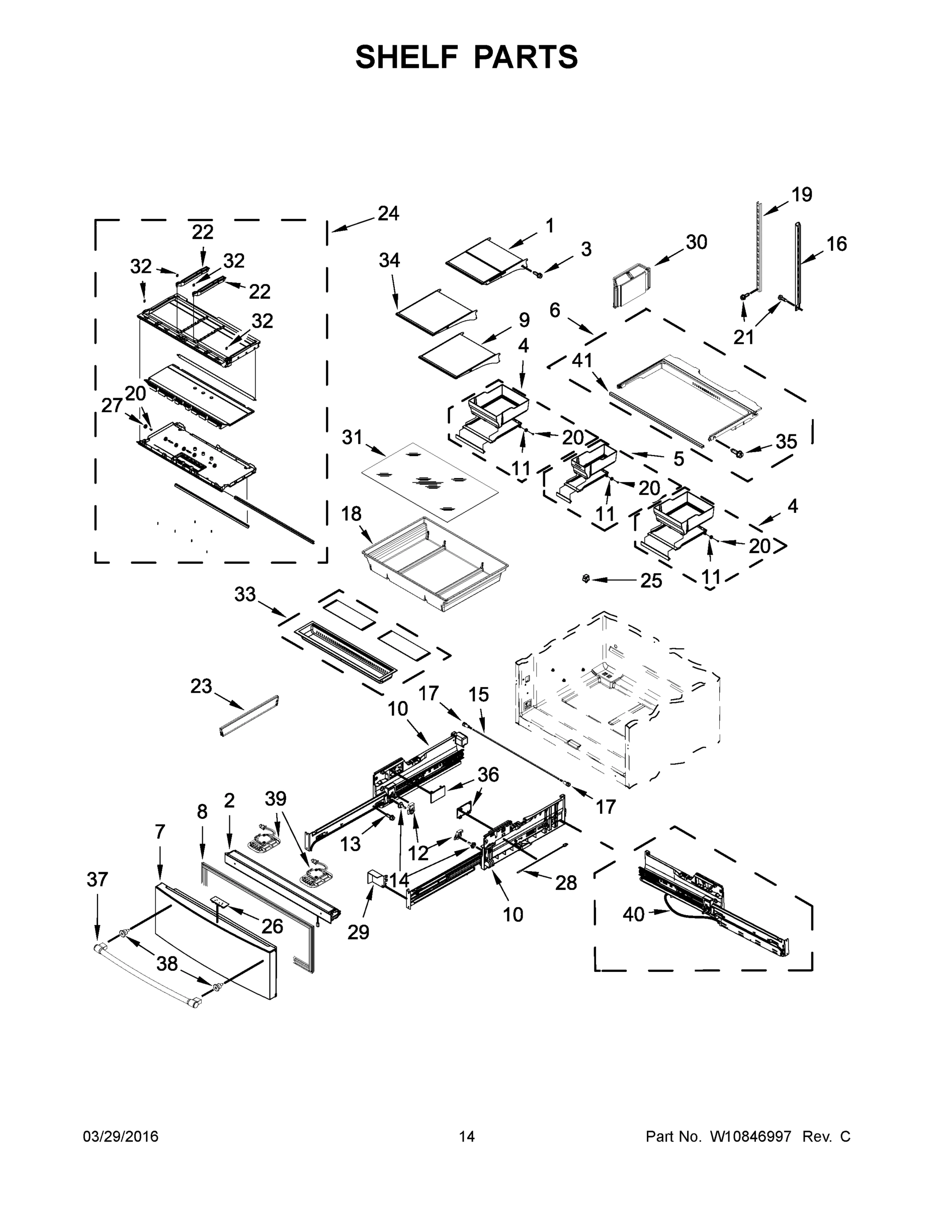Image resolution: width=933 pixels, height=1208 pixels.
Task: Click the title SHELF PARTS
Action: [x=467, y=57]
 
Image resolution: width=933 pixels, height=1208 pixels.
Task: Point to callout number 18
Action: [x=351, y=514]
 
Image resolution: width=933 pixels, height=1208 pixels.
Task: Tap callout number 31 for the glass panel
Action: [x=352, y=437]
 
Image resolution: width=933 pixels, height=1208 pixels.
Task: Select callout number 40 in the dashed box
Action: [x=633, y=914]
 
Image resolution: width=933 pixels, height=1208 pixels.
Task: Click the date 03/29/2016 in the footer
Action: [x=121, y=1137]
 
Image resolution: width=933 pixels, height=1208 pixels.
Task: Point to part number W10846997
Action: [x=750, y=1137]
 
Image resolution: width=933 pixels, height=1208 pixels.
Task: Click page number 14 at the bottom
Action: [x=467, y=1137]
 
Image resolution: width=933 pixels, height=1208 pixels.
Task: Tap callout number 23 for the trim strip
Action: [x=201, y=687]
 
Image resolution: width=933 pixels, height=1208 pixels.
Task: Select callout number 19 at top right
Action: [x=801, y=195]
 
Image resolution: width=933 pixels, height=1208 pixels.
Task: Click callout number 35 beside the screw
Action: [x=786, y=441]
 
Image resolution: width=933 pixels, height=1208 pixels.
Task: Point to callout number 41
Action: [x=581, y=360]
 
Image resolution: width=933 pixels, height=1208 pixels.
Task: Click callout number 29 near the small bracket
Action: [x=358, y=933]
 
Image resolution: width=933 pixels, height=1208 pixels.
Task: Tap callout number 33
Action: [x=245, y=594]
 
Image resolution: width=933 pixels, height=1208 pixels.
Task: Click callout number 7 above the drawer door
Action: [x=160, y=832]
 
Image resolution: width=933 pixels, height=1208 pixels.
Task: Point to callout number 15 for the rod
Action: [x=479, y=695]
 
